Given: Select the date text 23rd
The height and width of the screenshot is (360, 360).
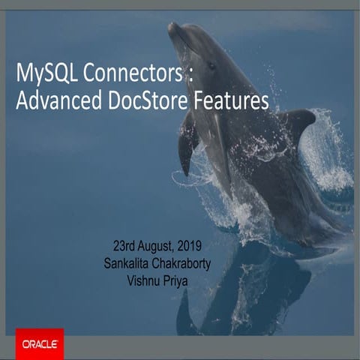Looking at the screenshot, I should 126,246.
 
